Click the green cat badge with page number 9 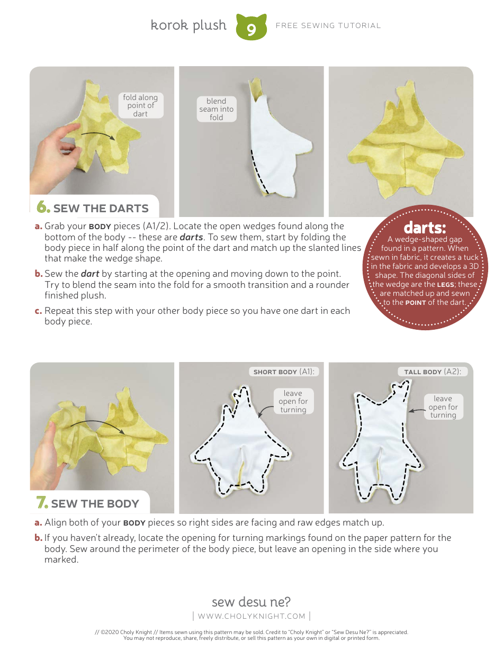[x=251, y=28]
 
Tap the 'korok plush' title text [x=188, y=25]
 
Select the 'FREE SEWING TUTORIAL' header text [x=328, y=25]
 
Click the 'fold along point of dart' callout [x=140, y=105]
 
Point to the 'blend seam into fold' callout [x=216, y=109]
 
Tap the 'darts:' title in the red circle [x=425, y=228]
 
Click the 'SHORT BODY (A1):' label [x=284, y=372]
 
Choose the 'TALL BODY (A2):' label [x=433, y=372]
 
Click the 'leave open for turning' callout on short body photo [x=293, y=401]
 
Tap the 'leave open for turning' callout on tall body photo [x=443, y=406]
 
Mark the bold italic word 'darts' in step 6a [x=191, y=237]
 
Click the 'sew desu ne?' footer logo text [x=251, y=602]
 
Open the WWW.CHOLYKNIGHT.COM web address [x=251, y=616]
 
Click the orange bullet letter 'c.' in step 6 [x=38, y=311]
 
